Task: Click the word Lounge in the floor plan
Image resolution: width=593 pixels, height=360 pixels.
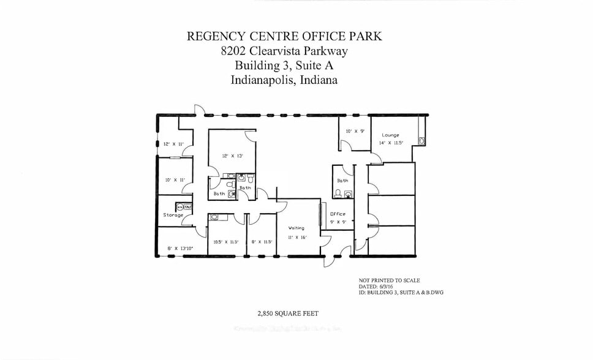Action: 390,135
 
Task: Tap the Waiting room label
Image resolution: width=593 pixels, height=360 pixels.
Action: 296,228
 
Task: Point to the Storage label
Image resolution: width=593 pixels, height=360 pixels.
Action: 173,216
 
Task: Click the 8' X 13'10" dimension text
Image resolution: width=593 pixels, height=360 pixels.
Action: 180,248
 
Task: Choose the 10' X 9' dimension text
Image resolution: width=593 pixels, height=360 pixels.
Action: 354,131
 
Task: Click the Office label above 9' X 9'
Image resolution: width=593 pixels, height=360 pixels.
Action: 338,214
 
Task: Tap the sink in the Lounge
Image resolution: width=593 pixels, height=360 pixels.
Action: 422,141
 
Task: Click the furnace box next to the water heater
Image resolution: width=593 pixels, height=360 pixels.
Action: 188,206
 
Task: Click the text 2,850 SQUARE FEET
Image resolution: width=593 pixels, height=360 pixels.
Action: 287,313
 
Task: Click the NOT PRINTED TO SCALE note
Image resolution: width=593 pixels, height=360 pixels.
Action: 389,280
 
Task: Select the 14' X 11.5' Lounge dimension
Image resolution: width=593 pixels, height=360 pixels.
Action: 390,143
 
